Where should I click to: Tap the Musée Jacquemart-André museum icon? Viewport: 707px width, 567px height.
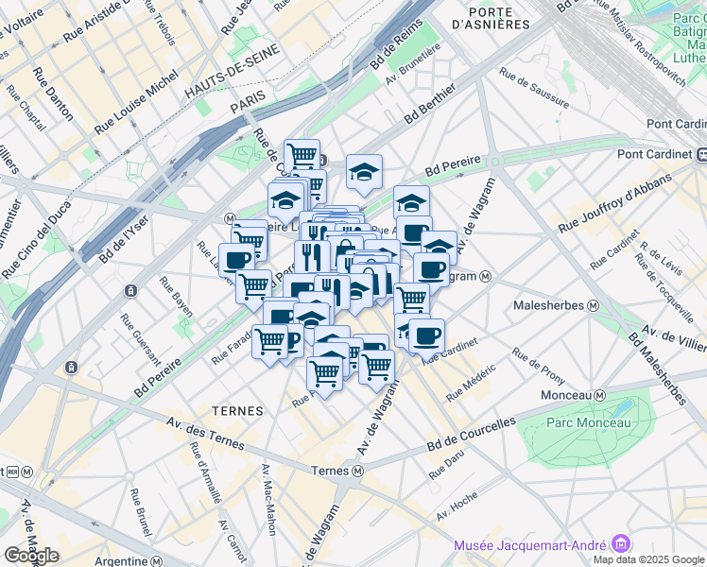(621, 543)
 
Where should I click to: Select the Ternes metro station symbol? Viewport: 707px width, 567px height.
(359, 471)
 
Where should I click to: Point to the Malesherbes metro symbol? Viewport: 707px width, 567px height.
(594, 305)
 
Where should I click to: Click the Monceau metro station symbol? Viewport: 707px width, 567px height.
(599, 394)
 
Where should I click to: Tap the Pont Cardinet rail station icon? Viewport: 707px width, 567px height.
(701, 154)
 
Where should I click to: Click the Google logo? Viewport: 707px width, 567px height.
(31, 555)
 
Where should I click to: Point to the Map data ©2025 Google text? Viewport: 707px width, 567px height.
(649, 558)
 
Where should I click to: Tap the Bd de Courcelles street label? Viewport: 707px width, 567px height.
(471, 433)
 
